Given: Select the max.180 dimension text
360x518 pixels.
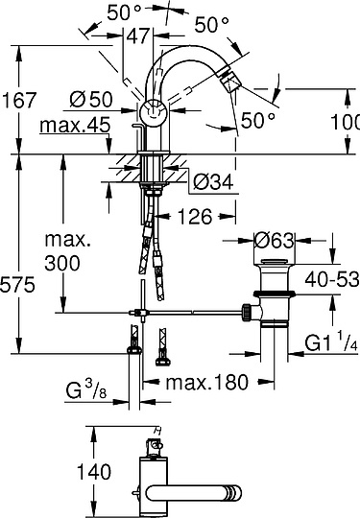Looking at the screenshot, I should click(x=204, y=382).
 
